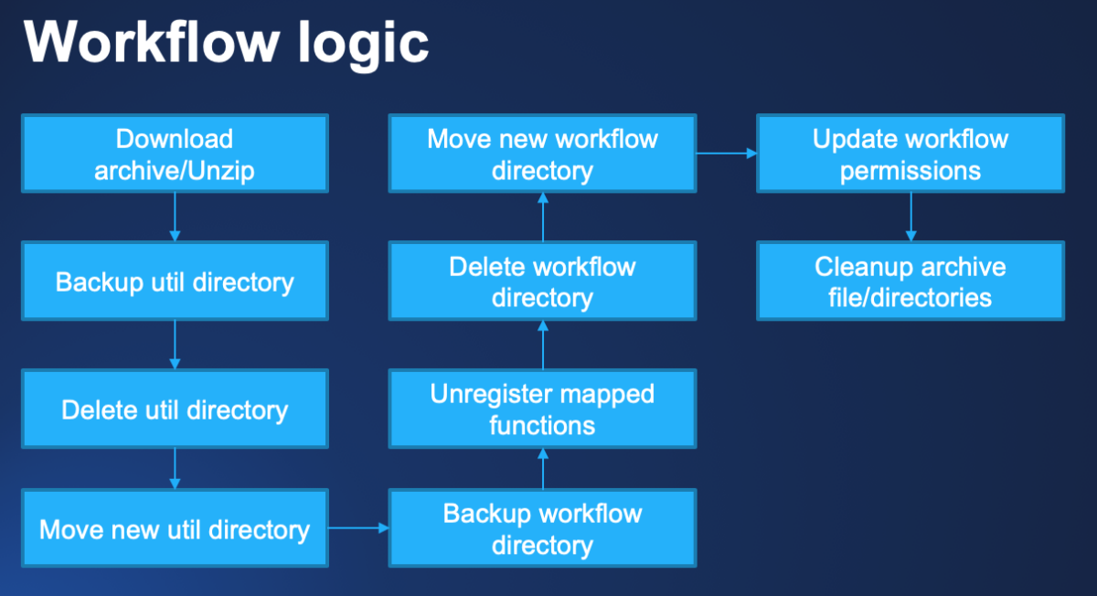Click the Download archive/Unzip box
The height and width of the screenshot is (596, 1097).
click(175, 154)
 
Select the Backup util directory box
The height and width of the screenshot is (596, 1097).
click(175, 281)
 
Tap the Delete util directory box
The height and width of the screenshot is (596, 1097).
click(175, 409)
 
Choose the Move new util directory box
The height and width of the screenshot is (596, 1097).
click(175, 529)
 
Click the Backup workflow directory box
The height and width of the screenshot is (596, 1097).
click(542, 529)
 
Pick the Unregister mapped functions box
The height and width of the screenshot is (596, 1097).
click(542, 409)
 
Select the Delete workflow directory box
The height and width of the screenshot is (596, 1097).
click(542, 281)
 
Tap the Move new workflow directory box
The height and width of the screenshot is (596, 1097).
click(542, 154)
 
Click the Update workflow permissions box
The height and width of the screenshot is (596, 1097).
click(911, 154)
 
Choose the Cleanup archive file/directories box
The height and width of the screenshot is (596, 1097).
click(911, 281)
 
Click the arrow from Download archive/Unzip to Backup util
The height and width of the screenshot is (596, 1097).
click(175, 217)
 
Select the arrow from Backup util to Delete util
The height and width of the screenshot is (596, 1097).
click(175, 345)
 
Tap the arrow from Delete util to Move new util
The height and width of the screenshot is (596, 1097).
click(175, 468)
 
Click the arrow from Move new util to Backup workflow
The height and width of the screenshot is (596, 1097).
click(359, 528)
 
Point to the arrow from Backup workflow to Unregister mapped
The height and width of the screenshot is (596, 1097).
click(542, 469)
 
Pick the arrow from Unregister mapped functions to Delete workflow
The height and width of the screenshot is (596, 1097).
click(542, 345)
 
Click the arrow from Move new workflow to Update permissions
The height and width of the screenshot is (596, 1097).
click(727, 154)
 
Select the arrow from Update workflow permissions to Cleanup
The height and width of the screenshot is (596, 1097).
click(911, 217)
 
